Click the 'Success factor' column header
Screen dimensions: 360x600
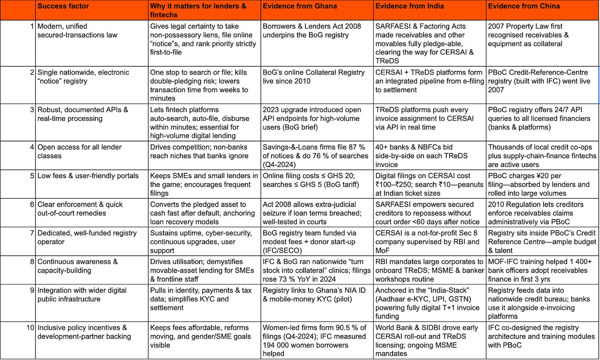coord(63,6)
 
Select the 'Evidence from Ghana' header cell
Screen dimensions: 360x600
coord(300,6)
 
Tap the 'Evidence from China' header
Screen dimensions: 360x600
coord(524,6)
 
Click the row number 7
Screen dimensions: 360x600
coord(32,233)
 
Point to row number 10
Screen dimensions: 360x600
coord(30,328)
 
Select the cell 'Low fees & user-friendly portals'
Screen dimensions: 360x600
coord(88,176)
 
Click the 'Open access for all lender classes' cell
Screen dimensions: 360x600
coord(80,151)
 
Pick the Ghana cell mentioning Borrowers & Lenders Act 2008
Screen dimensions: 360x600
coord(312,31)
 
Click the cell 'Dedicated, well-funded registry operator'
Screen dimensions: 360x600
coord(87,237)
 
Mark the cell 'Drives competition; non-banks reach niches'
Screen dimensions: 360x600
coord(199,151)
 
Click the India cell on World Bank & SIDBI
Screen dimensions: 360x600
coord(427,340)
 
